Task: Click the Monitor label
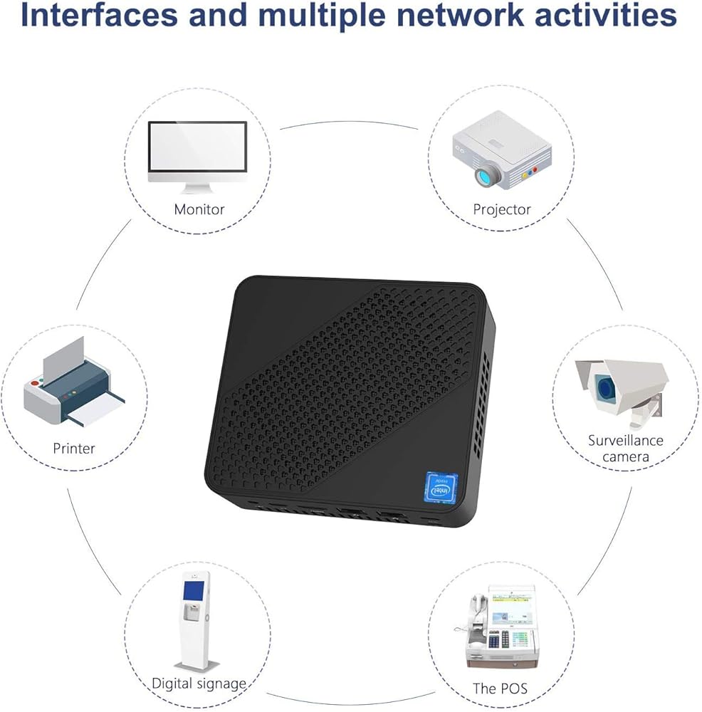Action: tap(199, 209)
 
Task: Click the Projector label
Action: tap(502, 209)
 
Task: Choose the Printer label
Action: tap(74, 448)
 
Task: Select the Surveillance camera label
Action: tap(626, 448)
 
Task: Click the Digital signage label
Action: tap(199, 684)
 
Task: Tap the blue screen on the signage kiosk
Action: tap(194, 591)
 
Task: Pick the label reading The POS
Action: tap(500, 689)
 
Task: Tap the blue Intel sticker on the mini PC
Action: tap(441, 488)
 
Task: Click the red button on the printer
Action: tap(34, 384)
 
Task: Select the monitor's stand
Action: tap(197, 187)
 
